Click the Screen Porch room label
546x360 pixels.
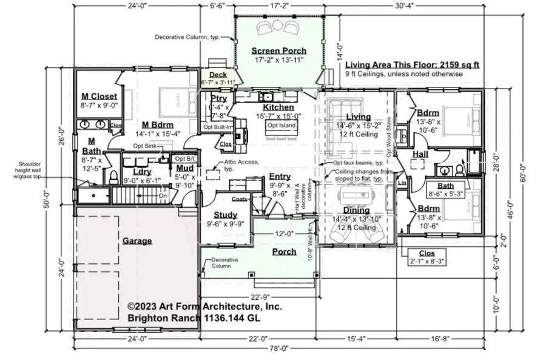click(278, 50)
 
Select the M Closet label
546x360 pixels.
click(99, 96)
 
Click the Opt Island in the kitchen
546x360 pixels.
click(277, 126)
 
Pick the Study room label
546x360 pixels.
click(225, 214)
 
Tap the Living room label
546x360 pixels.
click(358, 117)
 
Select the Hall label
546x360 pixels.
click(420, 155)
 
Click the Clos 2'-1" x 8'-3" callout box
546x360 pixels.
click(426, 257)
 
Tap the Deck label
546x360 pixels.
click(218, 75)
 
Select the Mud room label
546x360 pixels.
click(184, 168)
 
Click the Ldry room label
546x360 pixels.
click(141, 171)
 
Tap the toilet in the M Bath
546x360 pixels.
click(113, 177)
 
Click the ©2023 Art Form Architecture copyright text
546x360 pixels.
click(204, 307)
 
